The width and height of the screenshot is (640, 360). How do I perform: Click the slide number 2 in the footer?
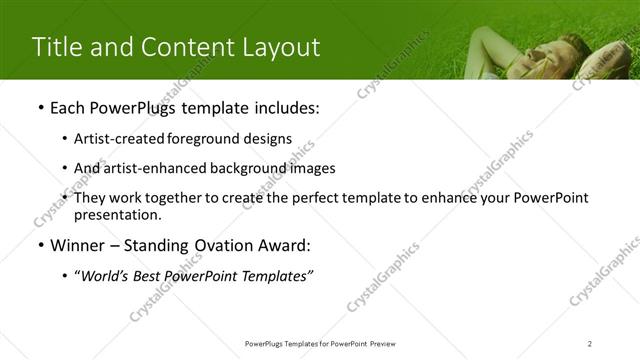(590, 343)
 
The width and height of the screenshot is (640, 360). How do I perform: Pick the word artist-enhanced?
(142, 168)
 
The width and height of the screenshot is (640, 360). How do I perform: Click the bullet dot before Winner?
(39, 245)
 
